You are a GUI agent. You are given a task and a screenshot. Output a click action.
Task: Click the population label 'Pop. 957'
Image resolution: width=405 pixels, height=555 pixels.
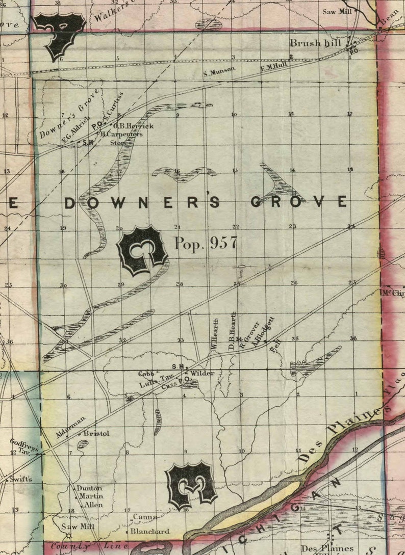[x=206, y=243]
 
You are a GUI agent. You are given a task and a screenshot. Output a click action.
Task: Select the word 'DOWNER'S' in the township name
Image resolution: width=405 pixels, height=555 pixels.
[x=142, y=202]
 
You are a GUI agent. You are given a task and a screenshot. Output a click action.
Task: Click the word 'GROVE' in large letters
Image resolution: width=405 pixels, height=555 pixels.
[x=299, y=202]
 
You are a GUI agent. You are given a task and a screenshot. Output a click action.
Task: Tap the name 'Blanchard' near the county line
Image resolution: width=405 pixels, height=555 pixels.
[x=149, y=531]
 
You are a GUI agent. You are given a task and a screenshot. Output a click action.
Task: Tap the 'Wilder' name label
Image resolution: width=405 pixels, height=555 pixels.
[x=202, y=373]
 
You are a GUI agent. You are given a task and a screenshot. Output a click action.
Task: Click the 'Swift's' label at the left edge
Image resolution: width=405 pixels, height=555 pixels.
[x=20, y=479]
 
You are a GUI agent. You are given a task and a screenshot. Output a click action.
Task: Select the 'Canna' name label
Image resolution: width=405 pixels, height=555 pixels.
[x=144, y=517]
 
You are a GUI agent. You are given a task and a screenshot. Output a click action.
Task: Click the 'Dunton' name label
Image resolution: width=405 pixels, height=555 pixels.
[x=89, y=488]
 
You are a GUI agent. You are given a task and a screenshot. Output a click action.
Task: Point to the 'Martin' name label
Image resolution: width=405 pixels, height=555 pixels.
[x=91, y=496]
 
